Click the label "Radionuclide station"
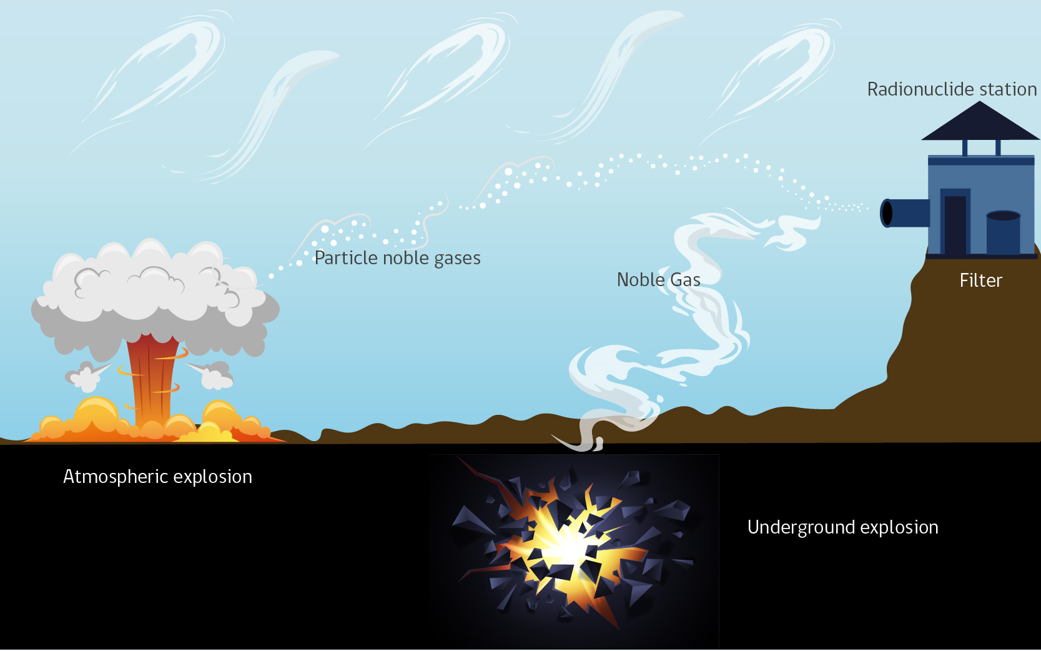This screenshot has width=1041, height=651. (x=952, y=89)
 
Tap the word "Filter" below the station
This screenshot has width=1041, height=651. (x=980, y=281)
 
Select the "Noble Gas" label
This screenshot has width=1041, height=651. (x=659, y=279)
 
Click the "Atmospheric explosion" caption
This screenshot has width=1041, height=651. (x=157, y=477)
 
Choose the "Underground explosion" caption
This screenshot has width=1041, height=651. (x=842, y=528)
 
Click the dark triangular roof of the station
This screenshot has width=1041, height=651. (x=980, y=121)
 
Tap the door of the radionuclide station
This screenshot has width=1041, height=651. (x=955, y=224)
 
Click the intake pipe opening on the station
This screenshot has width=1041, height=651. (x=887, y=213)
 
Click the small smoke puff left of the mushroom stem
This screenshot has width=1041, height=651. (x=86, y=375)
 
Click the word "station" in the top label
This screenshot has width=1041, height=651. (x=1008, y=89)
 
